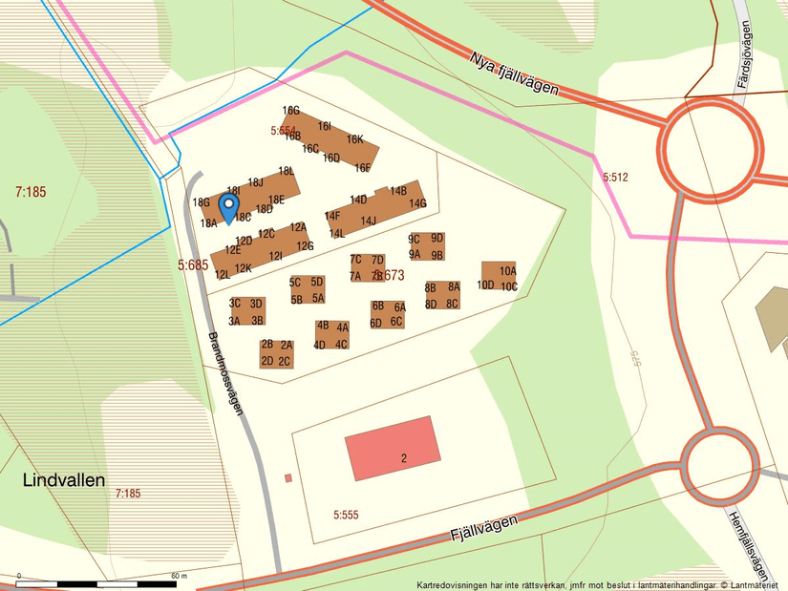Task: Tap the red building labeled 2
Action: pos(392,448)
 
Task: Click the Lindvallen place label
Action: pos(63,480)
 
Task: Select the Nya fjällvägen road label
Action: pos(514,73)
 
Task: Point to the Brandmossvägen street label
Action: pos(225,372)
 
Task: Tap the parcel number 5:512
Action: pos(615,178)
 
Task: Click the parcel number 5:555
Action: pos(346,515)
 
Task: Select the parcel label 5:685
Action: pos(192,265)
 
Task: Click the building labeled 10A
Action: pos(507,271)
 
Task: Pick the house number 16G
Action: pos(290,111)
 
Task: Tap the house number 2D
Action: pos(267,361)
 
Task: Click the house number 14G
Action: pos(417,203)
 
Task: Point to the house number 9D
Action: pos(437,238)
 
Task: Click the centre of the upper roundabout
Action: pos(706,147)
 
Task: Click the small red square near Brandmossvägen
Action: pos(288,478)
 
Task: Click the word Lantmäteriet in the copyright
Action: pos(751,584)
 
